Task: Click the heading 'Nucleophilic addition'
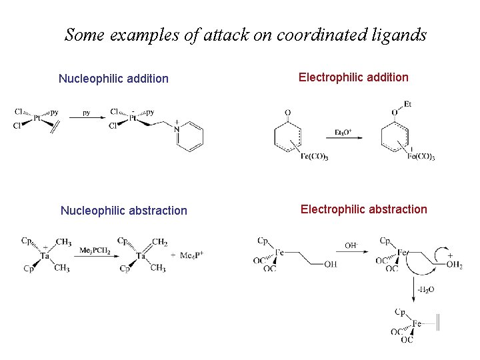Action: (113, 79)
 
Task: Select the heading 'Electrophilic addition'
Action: (353, 77)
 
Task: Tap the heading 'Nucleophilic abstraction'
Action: (123, 211)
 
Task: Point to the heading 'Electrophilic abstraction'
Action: (363, 209)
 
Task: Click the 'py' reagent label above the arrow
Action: (87, 113)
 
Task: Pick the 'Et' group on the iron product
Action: (408, 103)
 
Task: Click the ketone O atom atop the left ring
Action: (288, 112)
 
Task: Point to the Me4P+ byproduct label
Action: (192, 255)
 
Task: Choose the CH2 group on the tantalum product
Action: (160, 242)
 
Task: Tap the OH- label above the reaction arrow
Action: (351, 245)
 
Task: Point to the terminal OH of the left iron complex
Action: (330, 265)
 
